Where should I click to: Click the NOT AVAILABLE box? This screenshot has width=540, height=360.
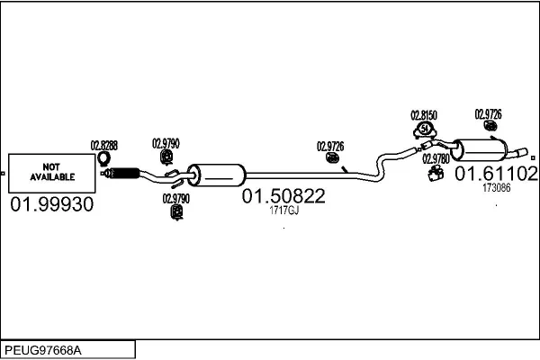pyautogui.click(x=51, y=174)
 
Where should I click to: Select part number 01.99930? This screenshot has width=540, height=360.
pyautogui.click(x=52, y=204)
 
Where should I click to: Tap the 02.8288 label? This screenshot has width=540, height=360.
pyautogui.click(x=104, y=146)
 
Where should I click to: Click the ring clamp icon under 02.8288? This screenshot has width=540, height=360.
pyautogui.click(x=103, y=159)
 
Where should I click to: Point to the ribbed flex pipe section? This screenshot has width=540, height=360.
pyautogui.click(x=125, y=173)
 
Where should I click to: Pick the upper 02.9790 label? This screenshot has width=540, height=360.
pyautogui.click(x=166, y=143)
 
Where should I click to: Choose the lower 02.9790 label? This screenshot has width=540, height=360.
pyautogui.click(x=176, y=198)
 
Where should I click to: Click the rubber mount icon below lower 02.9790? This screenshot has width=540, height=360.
pyautogui.click(x=177, y=212)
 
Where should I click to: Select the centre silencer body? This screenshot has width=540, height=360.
pyautogui.click(x=217, y=175)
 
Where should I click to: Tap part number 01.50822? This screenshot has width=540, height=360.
pyautogui.click(x=283, y=196)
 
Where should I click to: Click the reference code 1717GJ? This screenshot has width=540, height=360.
pyautogui.click(x=283, y=210)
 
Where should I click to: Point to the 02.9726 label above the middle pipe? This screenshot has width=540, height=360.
pyautogui.click(x=330, y=147)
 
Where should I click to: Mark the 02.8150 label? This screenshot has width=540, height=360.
pyautogui.click(x=424, y=115)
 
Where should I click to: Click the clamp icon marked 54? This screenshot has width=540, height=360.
pyautogui.click(x=425, y=130)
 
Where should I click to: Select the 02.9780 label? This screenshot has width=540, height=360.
pyautogui.click(x=436, y=158)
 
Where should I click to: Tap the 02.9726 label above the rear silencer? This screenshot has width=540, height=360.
pyautogui.click(x=488, y=114)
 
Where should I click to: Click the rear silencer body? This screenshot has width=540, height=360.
pyautogui.click(x=480, y=150)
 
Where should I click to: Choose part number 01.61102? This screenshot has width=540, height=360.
pyautogui.click(x=496, y=174)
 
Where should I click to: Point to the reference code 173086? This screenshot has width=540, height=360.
pyautogui.click(x=496, y=188)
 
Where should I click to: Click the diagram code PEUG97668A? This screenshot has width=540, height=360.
pyautogui.click(x=43, y=351)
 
